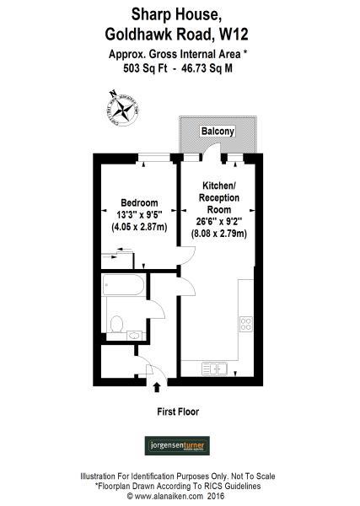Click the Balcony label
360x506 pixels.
(x=218, y=132)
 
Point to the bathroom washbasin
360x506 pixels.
(x=134, y=335)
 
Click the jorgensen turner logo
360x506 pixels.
(x=180, y=444)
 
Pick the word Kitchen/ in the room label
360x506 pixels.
(x=218, y=186)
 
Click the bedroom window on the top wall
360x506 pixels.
(x=153, y=156)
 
